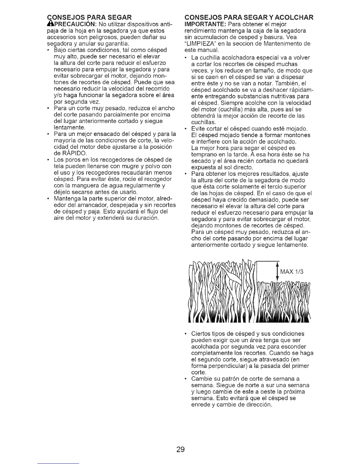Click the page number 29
click(x=180, y=449)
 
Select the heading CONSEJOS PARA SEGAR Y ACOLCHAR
click(x=249, y=17)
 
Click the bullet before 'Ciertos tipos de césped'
click(x=186, y=334)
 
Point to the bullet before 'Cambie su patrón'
click(x=186, y=379)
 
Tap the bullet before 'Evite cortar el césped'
click(x=186, y=129)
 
